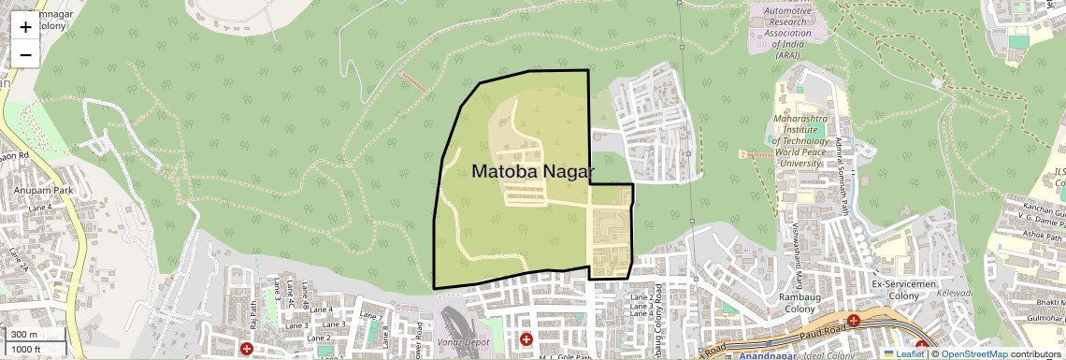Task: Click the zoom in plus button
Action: point(25,26)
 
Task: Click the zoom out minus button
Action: point(25,54)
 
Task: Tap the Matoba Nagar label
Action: point(533,171)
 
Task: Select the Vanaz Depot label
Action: point(466,343)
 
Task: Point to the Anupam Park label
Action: point(37,190)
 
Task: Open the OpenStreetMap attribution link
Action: point(973,353)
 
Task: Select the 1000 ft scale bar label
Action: point(27,349)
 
